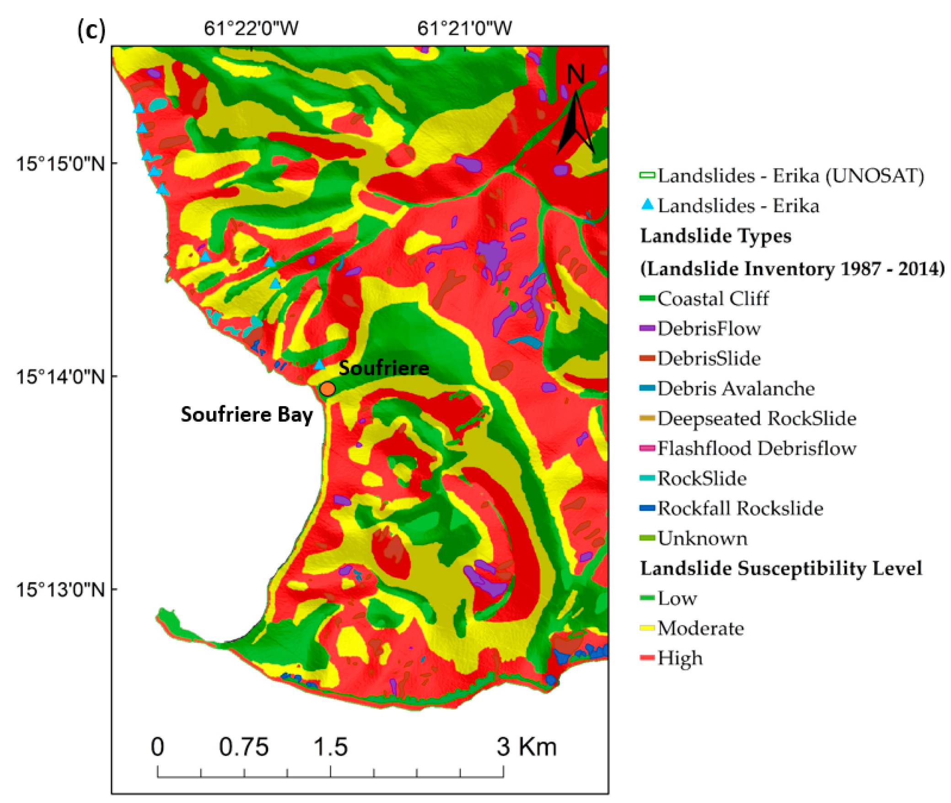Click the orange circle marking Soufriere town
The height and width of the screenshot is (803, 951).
tap(328, 389)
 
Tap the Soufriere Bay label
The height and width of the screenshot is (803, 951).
tap(247, 414)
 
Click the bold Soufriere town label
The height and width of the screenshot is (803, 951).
tap(384, 368)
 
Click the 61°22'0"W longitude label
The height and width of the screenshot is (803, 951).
tap(251, 28)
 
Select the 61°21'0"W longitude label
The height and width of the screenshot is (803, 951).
tap(464, 28)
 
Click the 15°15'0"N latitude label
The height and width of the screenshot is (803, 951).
tap(60, 163)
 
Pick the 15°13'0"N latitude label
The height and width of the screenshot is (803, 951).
tap(60, 589)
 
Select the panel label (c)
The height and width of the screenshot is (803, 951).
tap(91, 30)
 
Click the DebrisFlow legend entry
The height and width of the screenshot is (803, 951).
tap(709, 328)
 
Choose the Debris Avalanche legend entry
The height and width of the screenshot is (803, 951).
tap(736, 388)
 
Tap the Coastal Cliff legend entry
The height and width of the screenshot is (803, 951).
tap(713, 299)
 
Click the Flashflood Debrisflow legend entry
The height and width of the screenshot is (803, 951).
tap(756, 448)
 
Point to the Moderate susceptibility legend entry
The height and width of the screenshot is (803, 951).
tap(700, 628)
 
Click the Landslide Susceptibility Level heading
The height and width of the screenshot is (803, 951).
tap(781, 568)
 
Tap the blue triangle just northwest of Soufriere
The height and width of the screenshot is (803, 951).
tap(319, 364)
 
